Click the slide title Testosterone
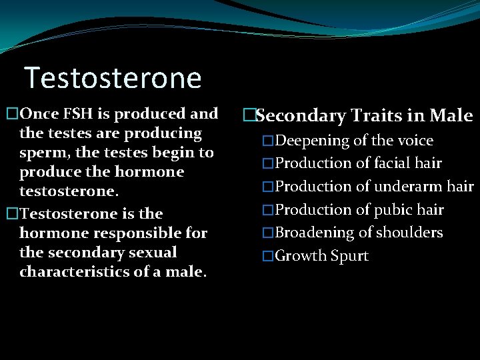pos(113,78)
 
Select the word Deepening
pos(313,141)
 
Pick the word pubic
pos(394,210)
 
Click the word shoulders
pos(409,233)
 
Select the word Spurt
pos(350,256)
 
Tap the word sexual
pos(153,253)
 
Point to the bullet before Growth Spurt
pos(268,257)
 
